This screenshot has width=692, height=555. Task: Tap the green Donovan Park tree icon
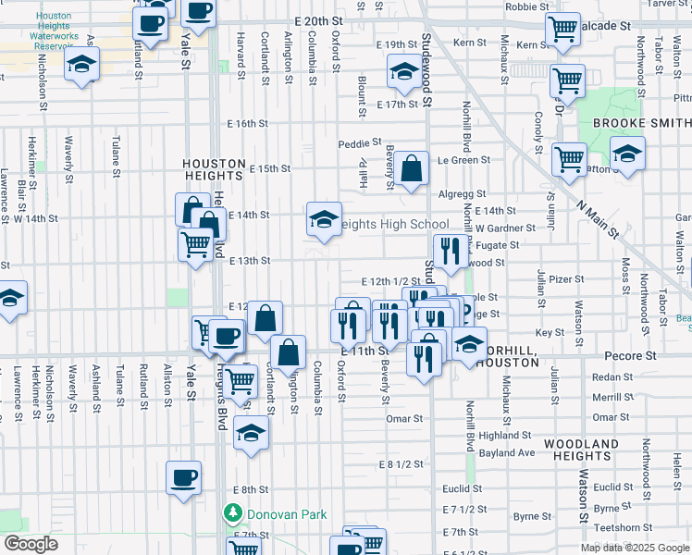pos(232,512)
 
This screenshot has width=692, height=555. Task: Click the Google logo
pos(31,544)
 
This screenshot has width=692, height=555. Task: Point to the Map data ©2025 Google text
pos(635,548)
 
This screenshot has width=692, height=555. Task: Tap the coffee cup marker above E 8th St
pos(183,478)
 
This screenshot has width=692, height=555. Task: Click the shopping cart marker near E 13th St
pos(196,245)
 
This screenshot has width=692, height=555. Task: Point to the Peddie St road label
pos(360,143)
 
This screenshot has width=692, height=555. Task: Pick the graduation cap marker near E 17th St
pos(403,72)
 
